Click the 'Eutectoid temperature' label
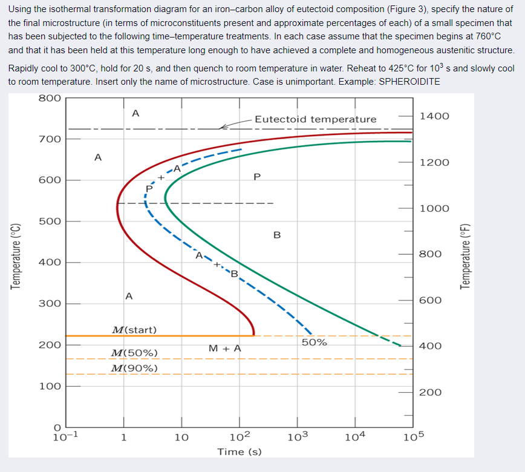[315, 119]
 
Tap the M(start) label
[134, 330]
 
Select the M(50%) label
[134, 353]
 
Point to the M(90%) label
[134, 368]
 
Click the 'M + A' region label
[224, 349]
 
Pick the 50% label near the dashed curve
[314, 342]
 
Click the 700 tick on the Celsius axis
[49, 139]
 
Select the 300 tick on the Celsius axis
[49, 304]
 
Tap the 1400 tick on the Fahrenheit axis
[434, 116]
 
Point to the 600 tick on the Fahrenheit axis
[431, 300]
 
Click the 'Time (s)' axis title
[240, 451]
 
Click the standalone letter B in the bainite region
[277, 235]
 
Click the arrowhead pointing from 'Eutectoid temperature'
[223, 127]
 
